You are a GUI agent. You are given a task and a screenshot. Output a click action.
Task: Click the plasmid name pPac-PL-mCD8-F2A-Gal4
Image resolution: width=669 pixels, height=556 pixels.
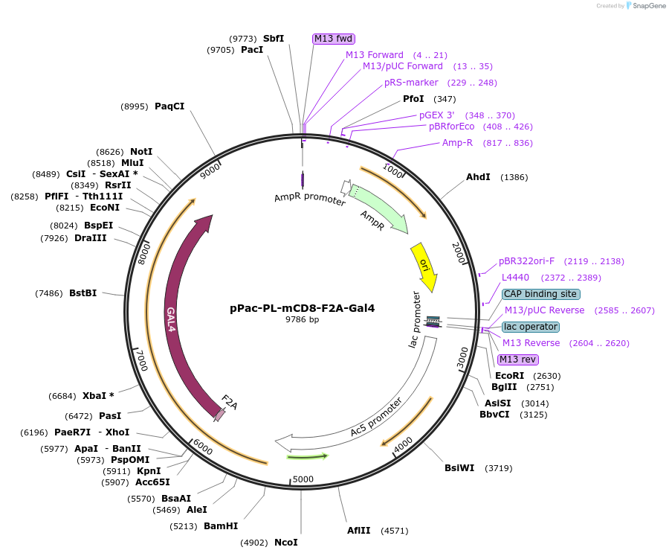302,308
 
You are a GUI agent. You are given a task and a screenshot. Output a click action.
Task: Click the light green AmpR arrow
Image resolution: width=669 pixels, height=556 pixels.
379,208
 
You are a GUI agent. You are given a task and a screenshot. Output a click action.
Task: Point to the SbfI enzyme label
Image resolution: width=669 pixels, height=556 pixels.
273,39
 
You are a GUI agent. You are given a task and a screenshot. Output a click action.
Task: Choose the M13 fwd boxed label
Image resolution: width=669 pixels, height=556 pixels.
333,39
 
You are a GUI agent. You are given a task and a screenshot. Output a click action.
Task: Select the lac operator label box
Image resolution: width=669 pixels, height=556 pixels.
530,327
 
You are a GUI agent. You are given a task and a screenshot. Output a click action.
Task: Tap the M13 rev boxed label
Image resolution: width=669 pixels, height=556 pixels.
518,360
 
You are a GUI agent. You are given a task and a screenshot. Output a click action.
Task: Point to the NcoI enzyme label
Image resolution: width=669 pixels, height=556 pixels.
285,543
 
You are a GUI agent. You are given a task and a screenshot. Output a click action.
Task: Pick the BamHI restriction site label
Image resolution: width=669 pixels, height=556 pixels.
221,526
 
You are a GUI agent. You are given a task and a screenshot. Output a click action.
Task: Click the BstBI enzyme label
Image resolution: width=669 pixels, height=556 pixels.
83,293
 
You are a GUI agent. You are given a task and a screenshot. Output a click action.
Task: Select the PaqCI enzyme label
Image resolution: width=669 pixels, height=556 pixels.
169,106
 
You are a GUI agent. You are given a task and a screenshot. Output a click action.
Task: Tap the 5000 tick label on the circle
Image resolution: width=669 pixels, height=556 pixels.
303,479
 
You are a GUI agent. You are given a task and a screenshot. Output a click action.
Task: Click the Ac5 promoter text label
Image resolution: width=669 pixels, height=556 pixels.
376,418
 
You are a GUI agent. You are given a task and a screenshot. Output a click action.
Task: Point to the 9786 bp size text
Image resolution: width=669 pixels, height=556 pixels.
302,320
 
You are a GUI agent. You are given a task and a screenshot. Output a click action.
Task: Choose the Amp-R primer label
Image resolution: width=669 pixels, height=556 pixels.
457,143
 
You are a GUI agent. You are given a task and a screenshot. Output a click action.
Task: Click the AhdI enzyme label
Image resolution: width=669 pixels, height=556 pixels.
478,177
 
